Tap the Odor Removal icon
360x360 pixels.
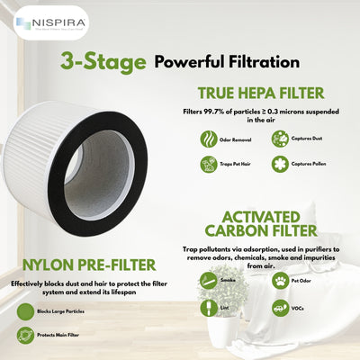coord(208,139)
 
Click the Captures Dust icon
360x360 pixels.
coord(280,139)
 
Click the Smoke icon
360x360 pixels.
coord(204,281)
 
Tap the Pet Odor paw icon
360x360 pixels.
coord(279,281)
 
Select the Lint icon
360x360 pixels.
coord(204,307)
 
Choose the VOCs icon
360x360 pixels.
coord(279,307)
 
